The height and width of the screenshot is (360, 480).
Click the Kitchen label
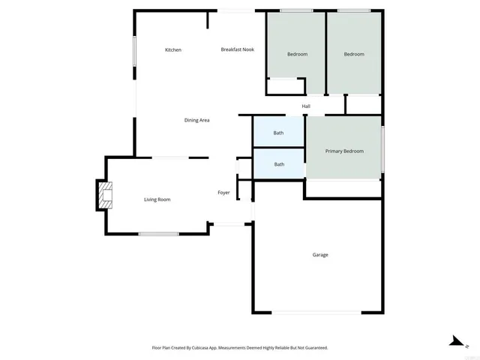pos(173,50)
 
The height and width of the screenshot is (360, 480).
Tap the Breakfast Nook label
pos(237,49)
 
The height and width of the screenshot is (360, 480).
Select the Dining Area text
pos(196,120)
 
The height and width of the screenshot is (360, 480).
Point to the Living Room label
pos(157,199)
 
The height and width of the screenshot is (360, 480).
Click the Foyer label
pos(223,193)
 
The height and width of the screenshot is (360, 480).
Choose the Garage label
pos(320,255)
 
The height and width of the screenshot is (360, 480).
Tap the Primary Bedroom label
pos(344,151)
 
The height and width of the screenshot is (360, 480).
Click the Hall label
pos(306,106)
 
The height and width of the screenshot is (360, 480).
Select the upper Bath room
pos(278,133)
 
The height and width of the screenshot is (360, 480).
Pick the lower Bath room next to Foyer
pos(279,164)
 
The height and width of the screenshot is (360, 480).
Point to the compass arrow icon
pos(455,341)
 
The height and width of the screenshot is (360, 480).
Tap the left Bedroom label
pos(297,55)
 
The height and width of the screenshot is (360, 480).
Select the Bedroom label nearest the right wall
pos(354,55)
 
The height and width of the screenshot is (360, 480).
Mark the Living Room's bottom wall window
pos(158,234)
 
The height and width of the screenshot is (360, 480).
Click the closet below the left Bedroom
pos(285,86)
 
